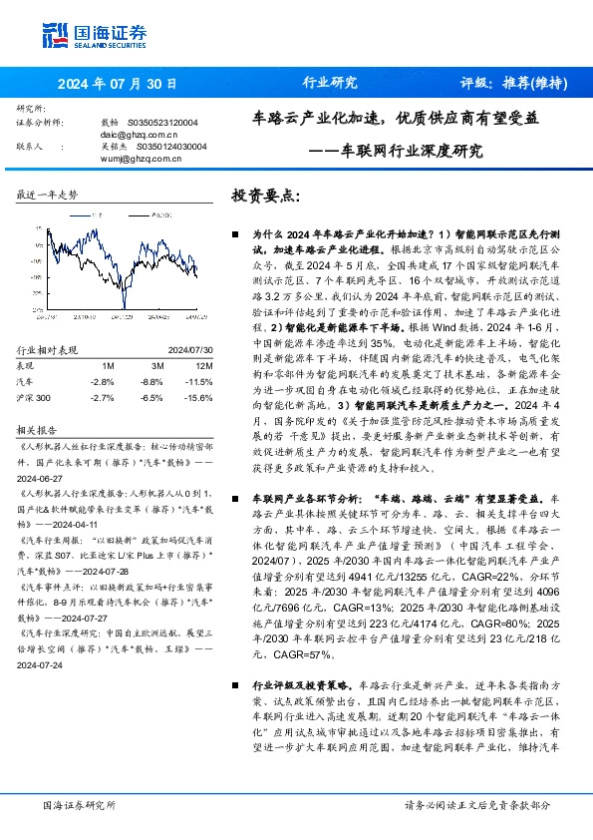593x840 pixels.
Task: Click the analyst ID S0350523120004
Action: pos(164,122)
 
